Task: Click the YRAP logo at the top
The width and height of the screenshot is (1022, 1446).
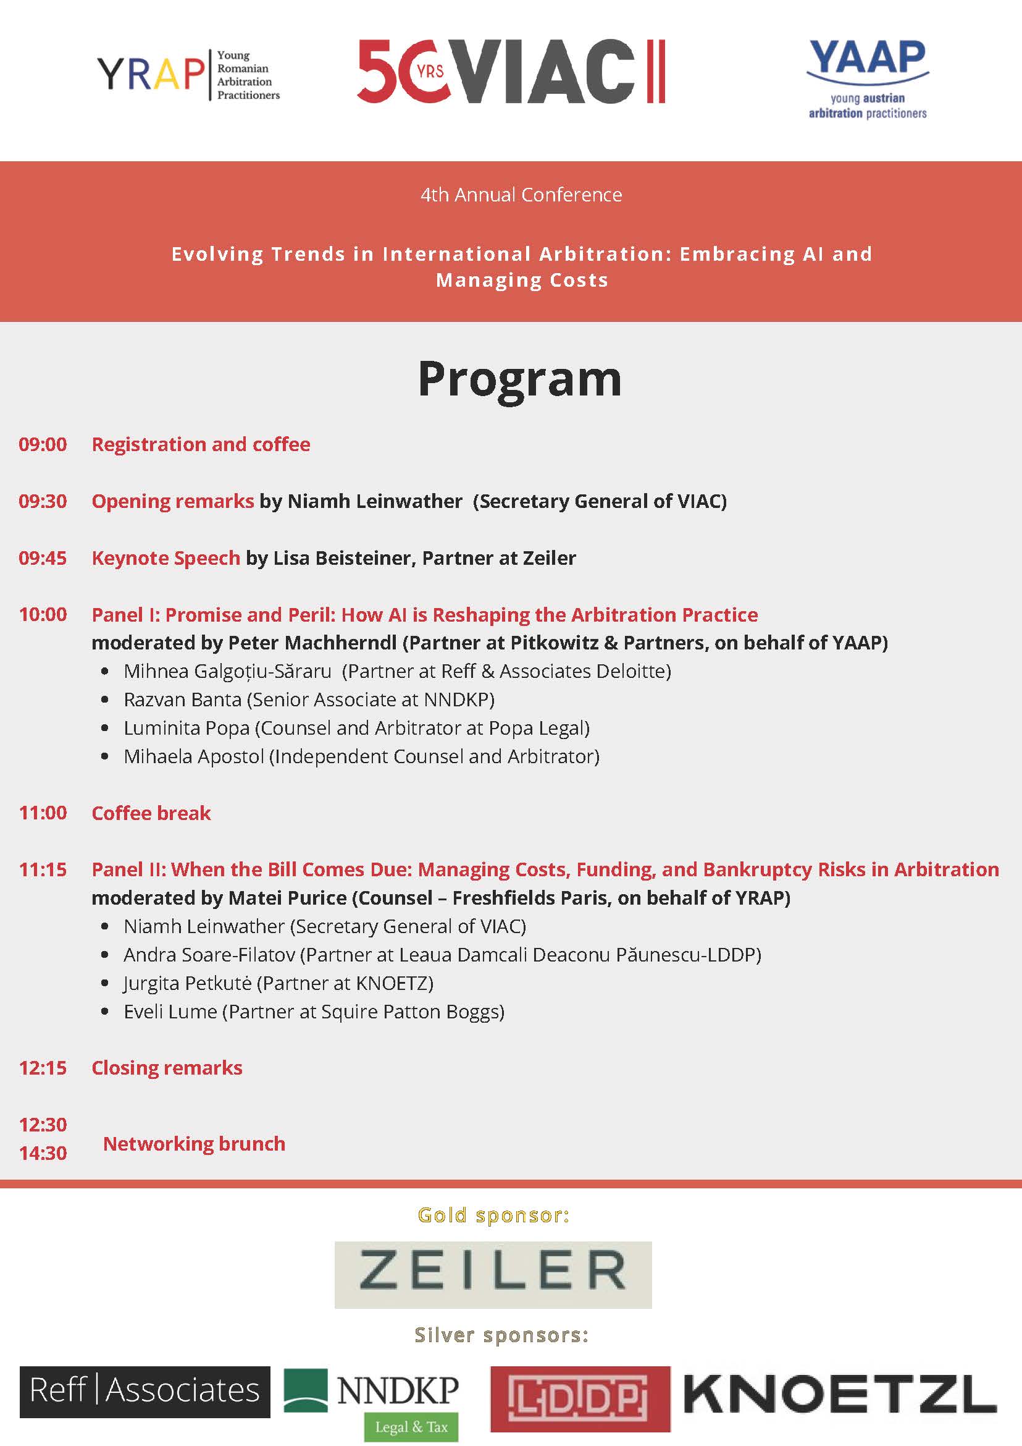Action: click(x=188, y=74)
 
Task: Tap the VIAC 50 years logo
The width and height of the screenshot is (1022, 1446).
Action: click(x=510, y=71)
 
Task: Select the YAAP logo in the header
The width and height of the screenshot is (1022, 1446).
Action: click(x=867, y=79)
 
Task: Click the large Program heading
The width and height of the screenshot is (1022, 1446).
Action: click(x=520, y=379)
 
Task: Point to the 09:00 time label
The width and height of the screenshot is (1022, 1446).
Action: click(x=43, y=445)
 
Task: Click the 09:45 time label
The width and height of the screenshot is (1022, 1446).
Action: click(x=43, y=558)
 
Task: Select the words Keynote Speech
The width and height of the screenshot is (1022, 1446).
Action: click(x=166, y=558)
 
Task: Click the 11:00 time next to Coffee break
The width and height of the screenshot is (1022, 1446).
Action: click(x=43, y=813)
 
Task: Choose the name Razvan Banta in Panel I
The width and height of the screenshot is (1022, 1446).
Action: click(x=183, y=700)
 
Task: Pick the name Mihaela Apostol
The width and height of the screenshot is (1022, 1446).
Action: click(x=194, y=756)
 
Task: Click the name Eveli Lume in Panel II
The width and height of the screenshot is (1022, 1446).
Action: click(x=170, y=1012)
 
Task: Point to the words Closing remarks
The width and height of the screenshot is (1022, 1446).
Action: click(x=167, y=1068)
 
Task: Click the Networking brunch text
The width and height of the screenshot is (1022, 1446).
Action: click(x=194, y=1144)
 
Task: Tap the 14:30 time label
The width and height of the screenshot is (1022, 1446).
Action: click(x=43, y=1153)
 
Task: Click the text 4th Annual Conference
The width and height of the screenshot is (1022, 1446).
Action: click(x=521, y=195)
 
